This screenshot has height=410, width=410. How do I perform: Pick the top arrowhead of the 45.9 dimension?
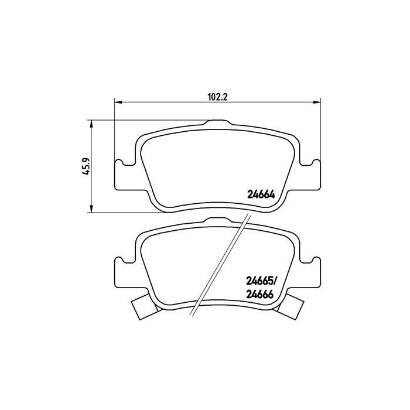pyautogui.click(x=91, y=123)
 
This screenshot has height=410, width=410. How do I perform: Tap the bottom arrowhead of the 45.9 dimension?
pyautogui.click(x=91, y=209)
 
